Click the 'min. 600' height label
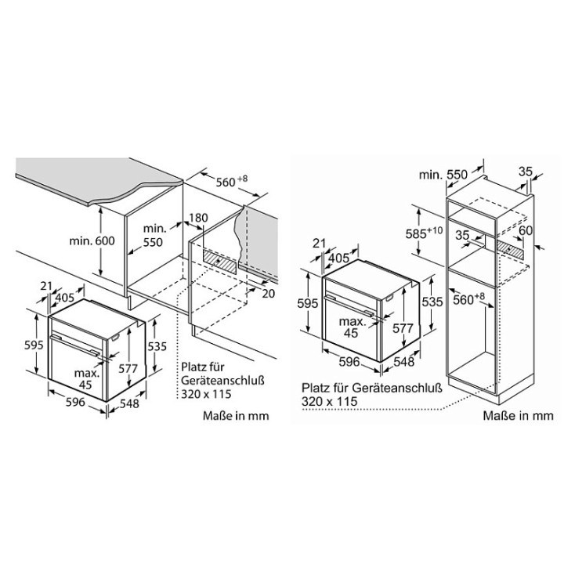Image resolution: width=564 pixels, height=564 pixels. pyautogui.click(x=92, y=240)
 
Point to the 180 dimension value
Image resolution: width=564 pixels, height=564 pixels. pyautogui.click(x=198, y=218)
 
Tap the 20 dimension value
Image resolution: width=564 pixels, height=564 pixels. pyautogui.click(x=269, y=294)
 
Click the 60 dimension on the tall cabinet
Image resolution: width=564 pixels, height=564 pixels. pyautogui.click(x=526, y=230)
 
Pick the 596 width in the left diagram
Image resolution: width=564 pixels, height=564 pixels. pyautogui.click(x=75, y=402)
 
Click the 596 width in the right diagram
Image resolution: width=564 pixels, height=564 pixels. pyautogui.click(x=349, y=361)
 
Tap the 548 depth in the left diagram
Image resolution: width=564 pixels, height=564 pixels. pyautogui.click(x=129, y=403)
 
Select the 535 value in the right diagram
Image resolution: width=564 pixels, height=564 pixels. pyautogui.click(x=432, y=302)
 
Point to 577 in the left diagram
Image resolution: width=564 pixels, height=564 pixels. pyautogui.click(x=128, y=369)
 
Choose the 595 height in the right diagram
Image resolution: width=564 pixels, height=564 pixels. pyautogui.click(x=308, y=303)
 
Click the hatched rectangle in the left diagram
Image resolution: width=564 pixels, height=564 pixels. pyautogui.click(x=220, y=261)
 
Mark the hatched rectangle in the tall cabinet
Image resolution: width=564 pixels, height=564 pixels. pyautogui.click(x=510, y=248)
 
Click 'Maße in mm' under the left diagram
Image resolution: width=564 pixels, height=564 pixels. pyautogui.click(x=236, y=416)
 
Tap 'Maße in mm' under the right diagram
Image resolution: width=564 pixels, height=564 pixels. pyautogui.click(x=518, y=416)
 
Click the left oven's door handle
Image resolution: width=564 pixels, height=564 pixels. pyautogui.click(x=75, y=345)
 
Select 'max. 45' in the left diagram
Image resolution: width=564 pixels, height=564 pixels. pyautogui.click(x=86, y=379)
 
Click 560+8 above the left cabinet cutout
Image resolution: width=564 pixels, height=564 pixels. pyautogui.click(x=232, y=181)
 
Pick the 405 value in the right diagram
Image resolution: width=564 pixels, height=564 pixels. pyautogui.click(x=339, y=258)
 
